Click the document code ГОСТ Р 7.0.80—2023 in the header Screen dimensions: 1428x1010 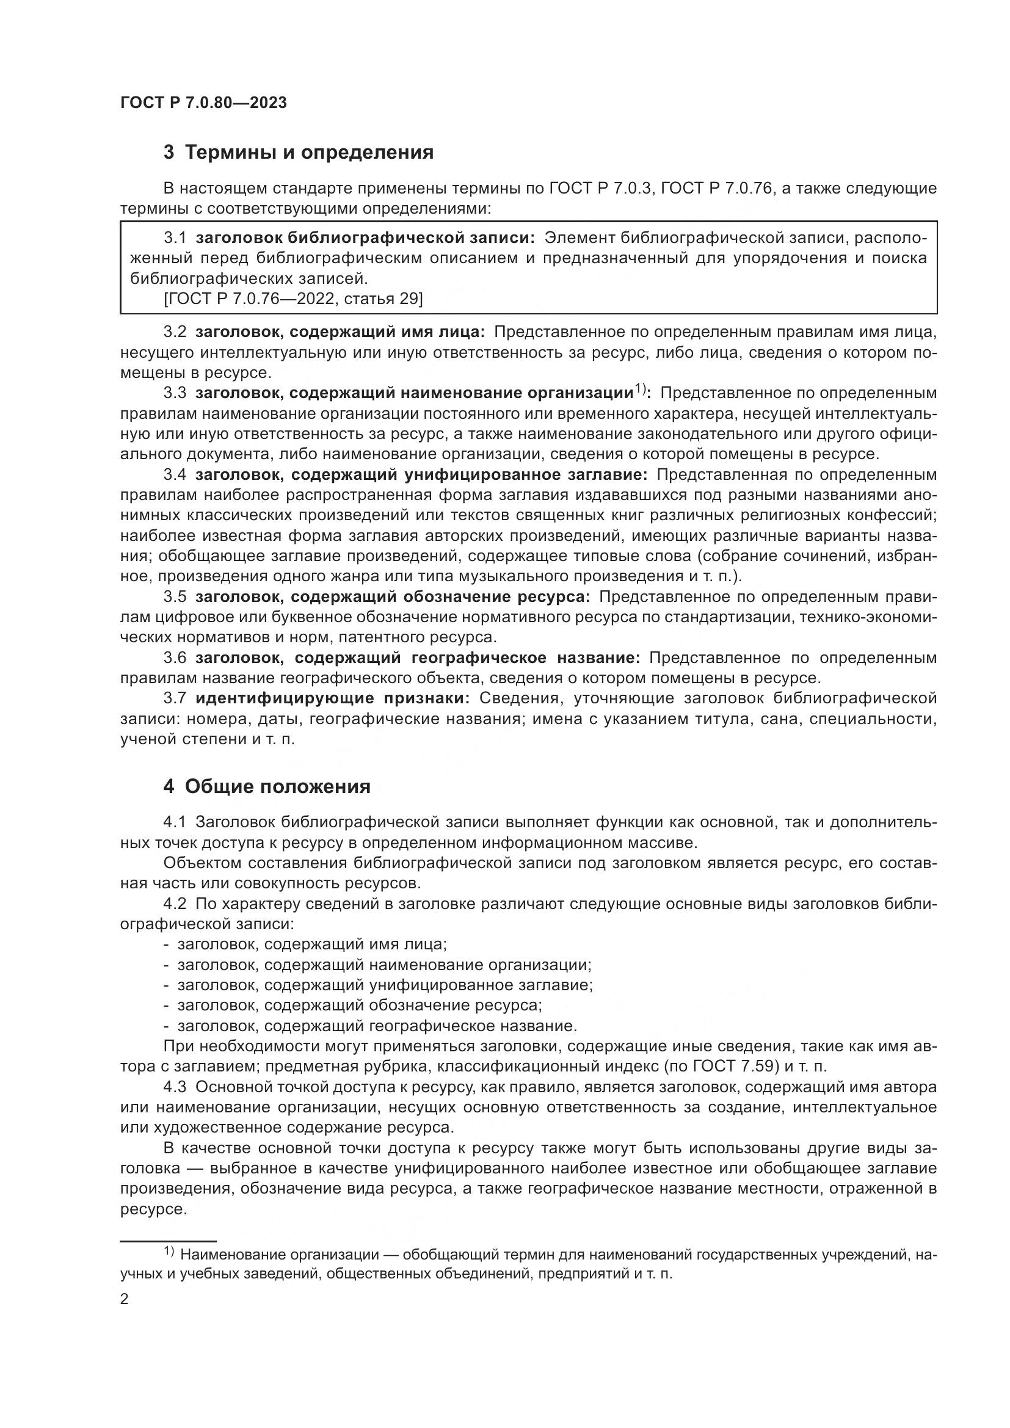(x=203, y=103)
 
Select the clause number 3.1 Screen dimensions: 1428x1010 (x=175, y=237)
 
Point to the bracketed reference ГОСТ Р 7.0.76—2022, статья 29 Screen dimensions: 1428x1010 (x=293, y=299)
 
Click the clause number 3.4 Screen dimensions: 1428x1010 (x=175, y=475)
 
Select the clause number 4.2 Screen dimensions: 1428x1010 (x=175, y=904)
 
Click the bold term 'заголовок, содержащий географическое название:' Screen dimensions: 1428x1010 (x=417, y=658)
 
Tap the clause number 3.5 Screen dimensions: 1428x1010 (x=175, y=597)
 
